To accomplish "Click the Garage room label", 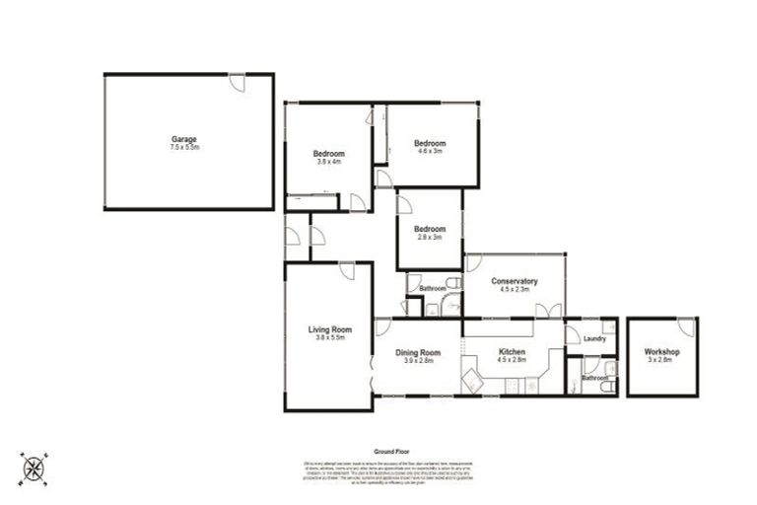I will pos(184,138).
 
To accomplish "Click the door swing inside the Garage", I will pos(237,83).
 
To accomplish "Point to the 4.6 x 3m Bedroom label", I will pos(430,143).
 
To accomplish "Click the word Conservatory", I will pos(514,281).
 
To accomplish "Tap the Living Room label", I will pos(328,329).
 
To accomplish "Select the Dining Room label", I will pos(418,352).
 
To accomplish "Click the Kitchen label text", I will pos(512,352).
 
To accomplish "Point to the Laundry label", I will pos(593,338).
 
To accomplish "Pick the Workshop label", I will pos(661,351).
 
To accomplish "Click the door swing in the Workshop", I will pos(686,326).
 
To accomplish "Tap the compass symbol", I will pos(34,466).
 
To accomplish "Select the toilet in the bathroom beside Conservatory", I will pos(451,283).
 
